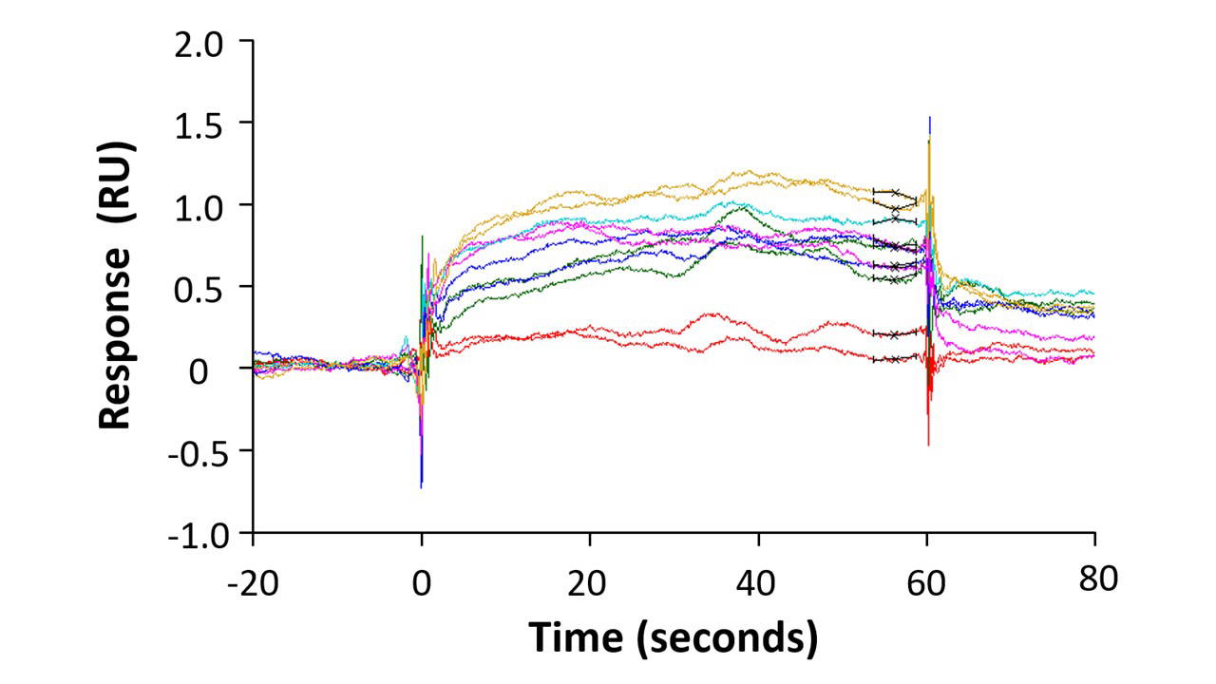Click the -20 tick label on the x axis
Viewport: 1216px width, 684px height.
252,580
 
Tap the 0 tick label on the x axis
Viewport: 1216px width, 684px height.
422,580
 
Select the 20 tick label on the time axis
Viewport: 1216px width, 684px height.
590,580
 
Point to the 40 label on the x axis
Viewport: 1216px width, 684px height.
758,580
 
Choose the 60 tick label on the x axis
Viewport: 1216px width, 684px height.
927,580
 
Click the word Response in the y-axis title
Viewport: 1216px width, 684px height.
115,338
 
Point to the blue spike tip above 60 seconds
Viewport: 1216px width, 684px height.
929,118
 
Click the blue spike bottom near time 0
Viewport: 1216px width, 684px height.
421,486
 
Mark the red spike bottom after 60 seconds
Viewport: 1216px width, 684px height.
928,444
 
